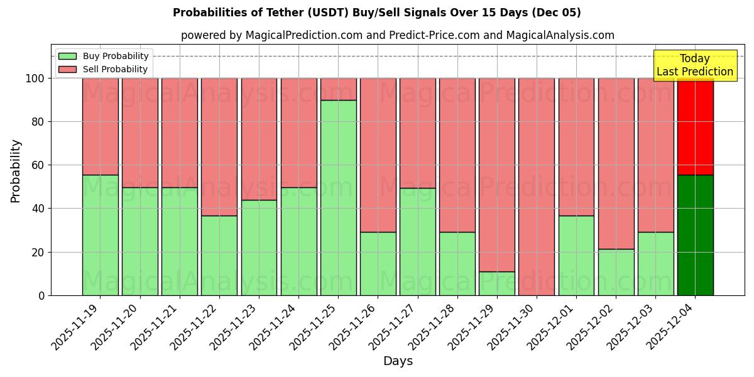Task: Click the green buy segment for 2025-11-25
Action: coord(338,197)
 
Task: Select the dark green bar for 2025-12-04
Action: coord(695,235)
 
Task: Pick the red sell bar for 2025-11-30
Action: coord(537,187)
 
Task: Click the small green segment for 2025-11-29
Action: coord(497,283)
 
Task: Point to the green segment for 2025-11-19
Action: coord(100,235)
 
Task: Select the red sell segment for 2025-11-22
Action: coord(219,147)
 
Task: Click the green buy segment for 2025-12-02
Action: coord(616,272)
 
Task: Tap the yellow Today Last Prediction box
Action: coord(694,65)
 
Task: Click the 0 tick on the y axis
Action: coord(41,295)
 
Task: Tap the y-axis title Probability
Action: coord(16,170)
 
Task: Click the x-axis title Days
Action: coord(398,361)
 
